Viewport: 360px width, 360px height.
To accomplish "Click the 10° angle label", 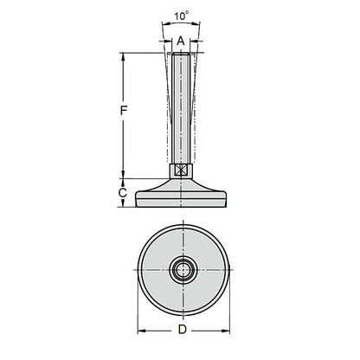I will [x=179, y=16].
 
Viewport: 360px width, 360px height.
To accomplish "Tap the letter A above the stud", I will [x=180, y=41].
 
